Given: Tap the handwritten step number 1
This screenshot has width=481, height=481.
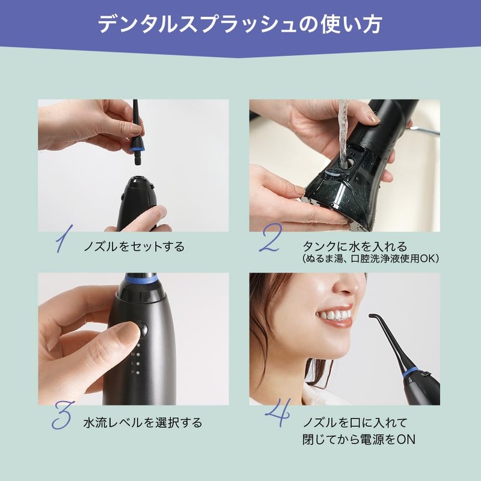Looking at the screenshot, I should (x=64, y=239).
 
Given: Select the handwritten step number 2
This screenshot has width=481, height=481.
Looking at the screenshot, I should (x=270, y=239).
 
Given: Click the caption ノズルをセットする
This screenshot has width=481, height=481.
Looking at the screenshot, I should (x=134, y=247).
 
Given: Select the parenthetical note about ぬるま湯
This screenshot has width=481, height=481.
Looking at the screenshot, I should (x=371, y=259).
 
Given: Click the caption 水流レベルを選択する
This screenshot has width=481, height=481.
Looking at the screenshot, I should (x=142, y=423).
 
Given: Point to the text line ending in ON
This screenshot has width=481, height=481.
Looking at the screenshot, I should (x=359, y=440).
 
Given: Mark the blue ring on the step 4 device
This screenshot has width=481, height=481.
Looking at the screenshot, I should (x=411, y=372).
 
